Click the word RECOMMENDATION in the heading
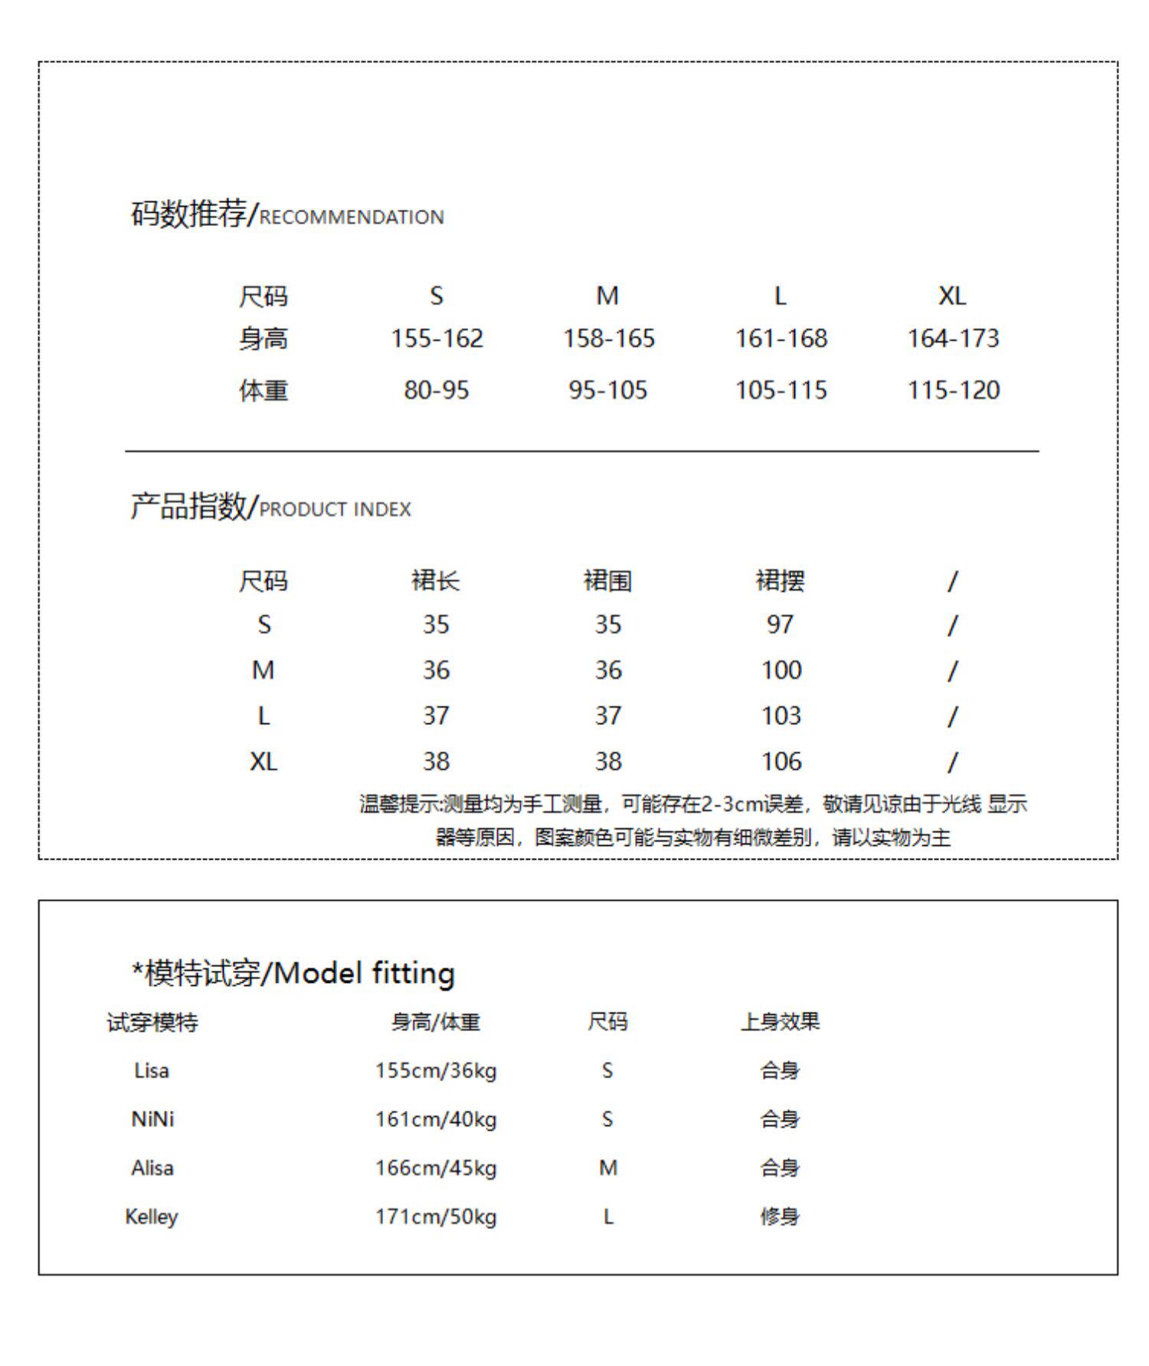pos(352,217)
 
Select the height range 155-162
pos(437,338)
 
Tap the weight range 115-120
pos(953,390)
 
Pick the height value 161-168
pos(781,338)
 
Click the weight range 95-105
pos(607,390)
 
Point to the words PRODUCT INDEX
pos(336,509)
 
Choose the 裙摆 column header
pos(780,581)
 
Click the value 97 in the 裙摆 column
pos(780,624)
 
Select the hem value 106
pos(781,761)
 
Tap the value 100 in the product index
pos(781,670)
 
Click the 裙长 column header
pos(435,581)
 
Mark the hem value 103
pos(781,716)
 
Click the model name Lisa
pos(151,1070)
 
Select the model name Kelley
pos(151,1217)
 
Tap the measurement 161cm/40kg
pos(435,1119)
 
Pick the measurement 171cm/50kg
pos(435,1217)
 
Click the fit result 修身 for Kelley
pos(780,1217)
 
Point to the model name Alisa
pos(152,1168)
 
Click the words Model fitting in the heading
pos(364,974)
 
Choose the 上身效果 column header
pos(780,1021)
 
